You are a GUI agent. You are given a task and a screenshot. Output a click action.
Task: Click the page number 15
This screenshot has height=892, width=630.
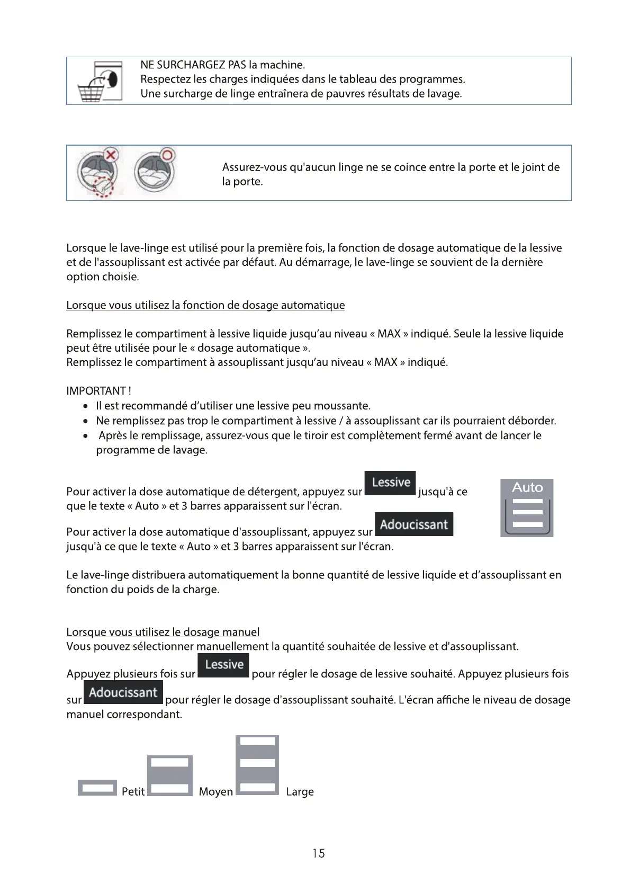pos(318,853)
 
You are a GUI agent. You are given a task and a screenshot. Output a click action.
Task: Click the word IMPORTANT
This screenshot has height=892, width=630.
pos(96,391)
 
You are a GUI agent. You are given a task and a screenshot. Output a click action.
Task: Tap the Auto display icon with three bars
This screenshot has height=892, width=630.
pos(527,508)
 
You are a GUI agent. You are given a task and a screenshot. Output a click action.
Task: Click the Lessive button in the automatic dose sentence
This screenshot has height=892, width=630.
pos(390,483)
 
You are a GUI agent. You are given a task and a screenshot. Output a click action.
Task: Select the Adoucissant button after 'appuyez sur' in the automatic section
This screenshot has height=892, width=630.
pos(413,524)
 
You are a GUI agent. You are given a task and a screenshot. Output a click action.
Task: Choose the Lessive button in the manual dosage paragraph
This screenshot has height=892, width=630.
pos(223,665)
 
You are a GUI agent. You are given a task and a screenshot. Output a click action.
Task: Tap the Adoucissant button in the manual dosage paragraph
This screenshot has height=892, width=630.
pos(123,692)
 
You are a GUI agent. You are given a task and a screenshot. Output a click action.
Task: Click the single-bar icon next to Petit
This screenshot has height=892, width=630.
pos(97,788)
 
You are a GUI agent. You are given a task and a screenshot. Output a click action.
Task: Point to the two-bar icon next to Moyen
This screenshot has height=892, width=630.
pos(169,775)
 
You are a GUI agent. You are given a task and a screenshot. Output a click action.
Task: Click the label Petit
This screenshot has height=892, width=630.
pos(133,791)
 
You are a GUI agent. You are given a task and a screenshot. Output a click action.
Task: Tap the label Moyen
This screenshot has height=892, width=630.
pos(215,791)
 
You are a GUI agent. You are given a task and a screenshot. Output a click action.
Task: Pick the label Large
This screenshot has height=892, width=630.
pos(300,791)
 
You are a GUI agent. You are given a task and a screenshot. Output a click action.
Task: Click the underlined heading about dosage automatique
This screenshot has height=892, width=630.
pos(205,305)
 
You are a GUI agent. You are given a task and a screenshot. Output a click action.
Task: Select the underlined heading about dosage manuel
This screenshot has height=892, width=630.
pos(163,632)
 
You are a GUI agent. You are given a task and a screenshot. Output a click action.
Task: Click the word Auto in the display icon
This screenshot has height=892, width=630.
pos(527,487)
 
